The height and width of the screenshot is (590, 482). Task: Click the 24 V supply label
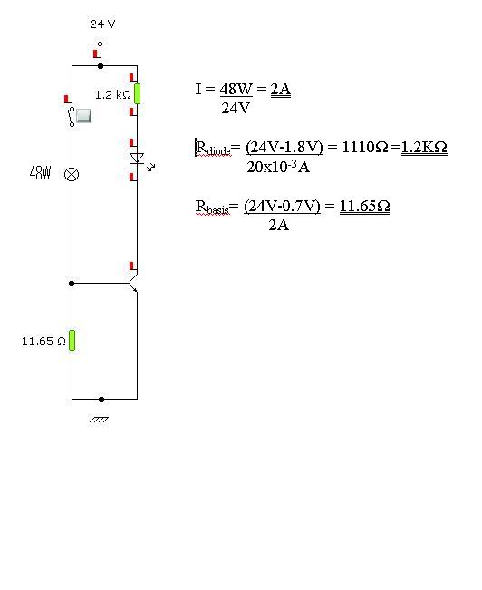coord(102,24)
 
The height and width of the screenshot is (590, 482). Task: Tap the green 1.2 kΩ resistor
coord(138,93)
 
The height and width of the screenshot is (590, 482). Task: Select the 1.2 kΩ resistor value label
coord(113,95)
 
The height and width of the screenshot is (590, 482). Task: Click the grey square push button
coord(83,115)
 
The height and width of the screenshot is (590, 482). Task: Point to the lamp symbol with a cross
coord(72,174)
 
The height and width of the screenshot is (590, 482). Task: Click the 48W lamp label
coord(40,173)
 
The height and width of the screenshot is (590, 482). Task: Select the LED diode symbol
coord(138,159)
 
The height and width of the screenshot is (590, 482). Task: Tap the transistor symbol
coord(133,284)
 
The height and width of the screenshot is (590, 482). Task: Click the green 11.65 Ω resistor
coord(72,340)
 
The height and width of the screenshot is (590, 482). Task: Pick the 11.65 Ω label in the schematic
coord(43,342)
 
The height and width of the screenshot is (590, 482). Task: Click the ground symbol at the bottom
coord(100,420)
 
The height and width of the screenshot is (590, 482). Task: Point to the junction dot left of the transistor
coord(72,284)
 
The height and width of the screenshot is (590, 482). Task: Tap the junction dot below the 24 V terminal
coord(101,66)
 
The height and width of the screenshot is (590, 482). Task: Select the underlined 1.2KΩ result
coord(424,147)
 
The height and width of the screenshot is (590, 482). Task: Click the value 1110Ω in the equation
coord(364,147)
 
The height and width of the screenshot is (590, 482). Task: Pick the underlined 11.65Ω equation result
coord(364,206)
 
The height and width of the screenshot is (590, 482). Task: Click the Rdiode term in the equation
coord(213,148)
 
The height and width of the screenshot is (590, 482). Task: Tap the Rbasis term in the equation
coord(212,207)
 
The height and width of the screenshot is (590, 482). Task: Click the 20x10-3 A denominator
coord(278,167)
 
